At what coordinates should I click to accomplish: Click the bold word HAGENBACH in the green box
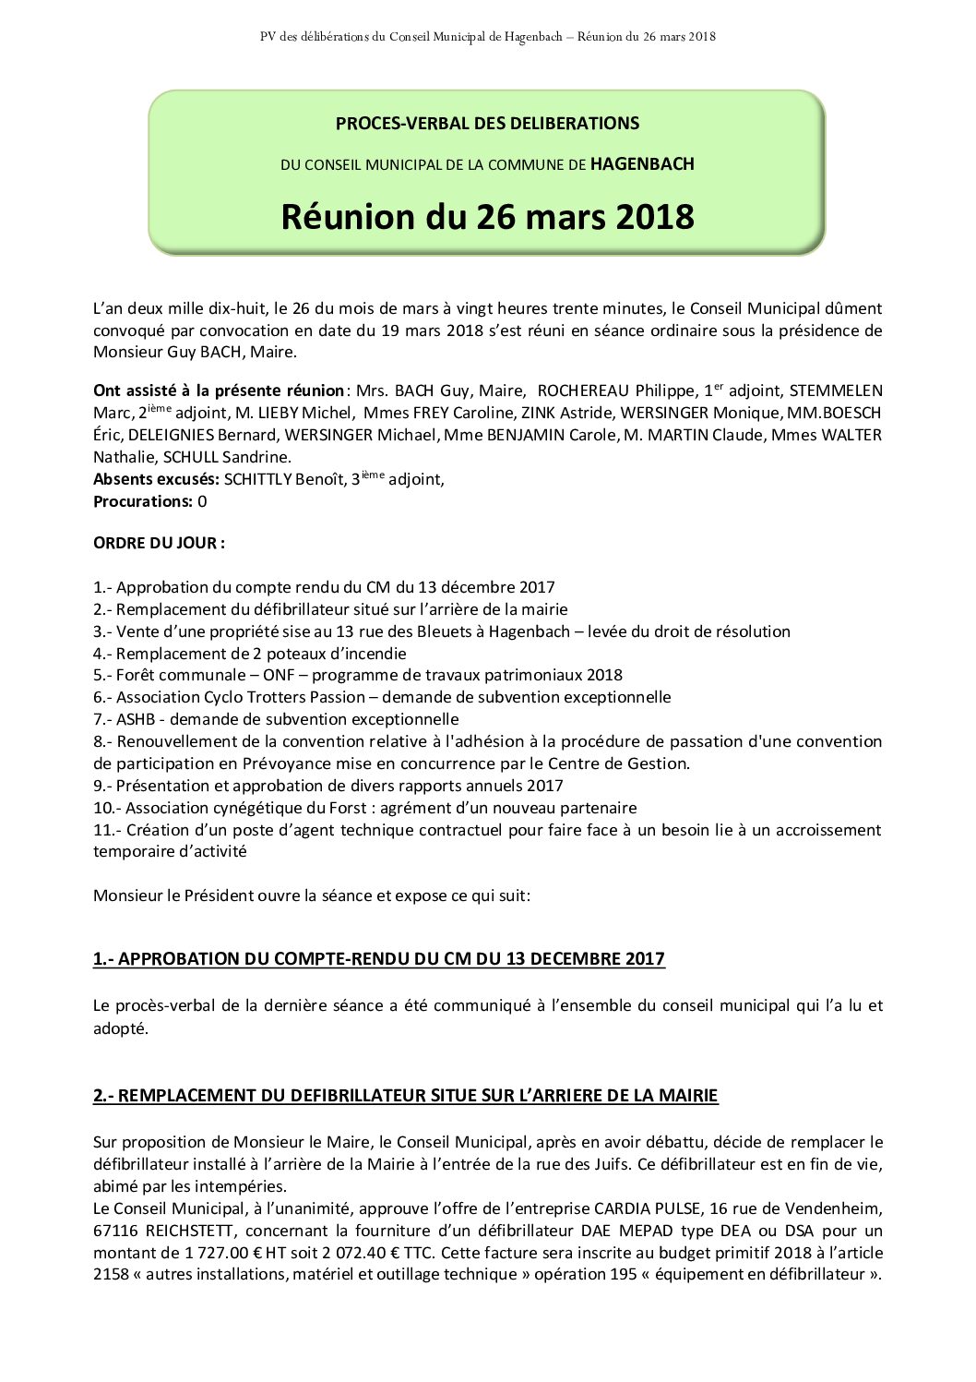tap(642, 164)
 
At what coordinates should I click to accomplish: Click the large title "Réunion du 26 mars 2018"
tap(487, 217)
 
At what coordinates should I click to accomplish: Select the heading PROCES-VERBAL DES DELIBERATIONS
tap(487, 123)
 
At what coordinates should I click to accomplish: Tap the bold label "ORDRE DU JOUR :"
tap(159, 543)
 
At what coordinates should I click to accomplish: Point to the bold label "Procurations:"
tap(143, 501)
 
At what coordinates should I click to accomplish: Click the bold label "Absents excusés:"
tap(156, 479)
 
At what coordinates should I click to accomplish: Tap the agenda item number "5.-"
tap(103, 675)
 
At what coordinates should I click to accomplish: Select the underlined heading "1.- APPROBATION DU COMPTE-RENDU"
tap(378, 959)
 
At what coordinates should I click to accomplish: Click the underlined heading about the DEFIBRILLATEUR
tap(405, 1096)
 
